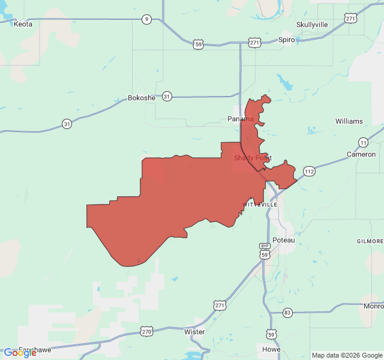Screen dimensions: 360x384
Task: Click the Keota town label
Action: click(23, 24)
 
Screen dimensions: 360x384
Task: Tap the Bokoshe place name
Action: click(142, 98)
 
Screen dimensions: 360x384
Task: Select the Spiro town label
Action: click(287, 40)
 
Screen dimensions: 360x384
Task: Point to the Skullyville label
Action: click(312, 25)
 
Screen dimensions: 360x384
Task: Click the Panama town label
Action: click(240, 119)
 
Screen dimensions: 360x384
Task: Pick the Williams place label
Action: click(349, 121)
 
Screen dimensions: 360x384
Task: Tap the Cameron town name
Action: click(361, 154)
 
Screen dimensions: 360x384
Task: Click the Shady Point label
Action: click(253, 158)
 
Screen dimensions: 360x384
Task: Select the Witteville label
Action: click(260, 205)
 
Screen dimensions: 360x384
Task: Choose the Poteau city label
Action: click(284, 240)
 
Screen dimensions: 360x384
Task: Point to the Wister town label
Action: click(194, 332)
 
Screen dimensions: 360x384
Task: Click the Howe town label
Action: click(271, 349)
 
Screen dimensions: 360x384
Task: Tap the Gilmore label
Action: click(370, 241)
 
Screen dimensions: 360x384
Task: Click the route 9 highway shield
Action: click(146, 19)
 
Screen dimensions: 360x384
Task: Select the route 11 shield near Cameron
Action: click(364, 142)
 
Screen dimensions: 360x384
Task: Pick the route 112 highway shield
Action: click(309, 172)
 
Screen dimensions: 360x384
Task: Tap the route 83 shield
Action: click(288, 313)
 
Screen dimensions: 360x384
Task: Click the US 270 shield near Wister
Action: click(147, 331)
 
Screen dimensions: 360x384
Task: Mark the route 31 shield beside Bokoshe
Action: click(167, 96)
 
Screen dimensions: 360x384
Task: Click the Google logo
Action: click(20, 353)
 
